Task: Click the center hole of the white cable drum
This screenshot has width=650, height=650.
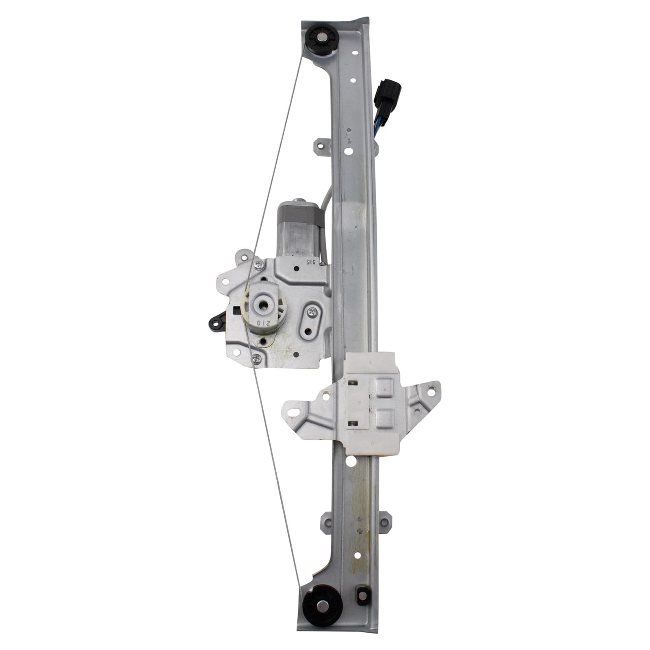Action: [263, 303]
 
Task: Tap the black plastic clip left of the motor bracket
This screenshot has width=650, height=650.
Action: [215, 322]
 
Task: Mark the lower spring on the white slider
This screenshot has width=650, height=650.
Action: [353, 425]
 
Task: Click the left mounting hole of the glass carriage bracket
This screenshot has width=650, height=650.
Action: [292, 412]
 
